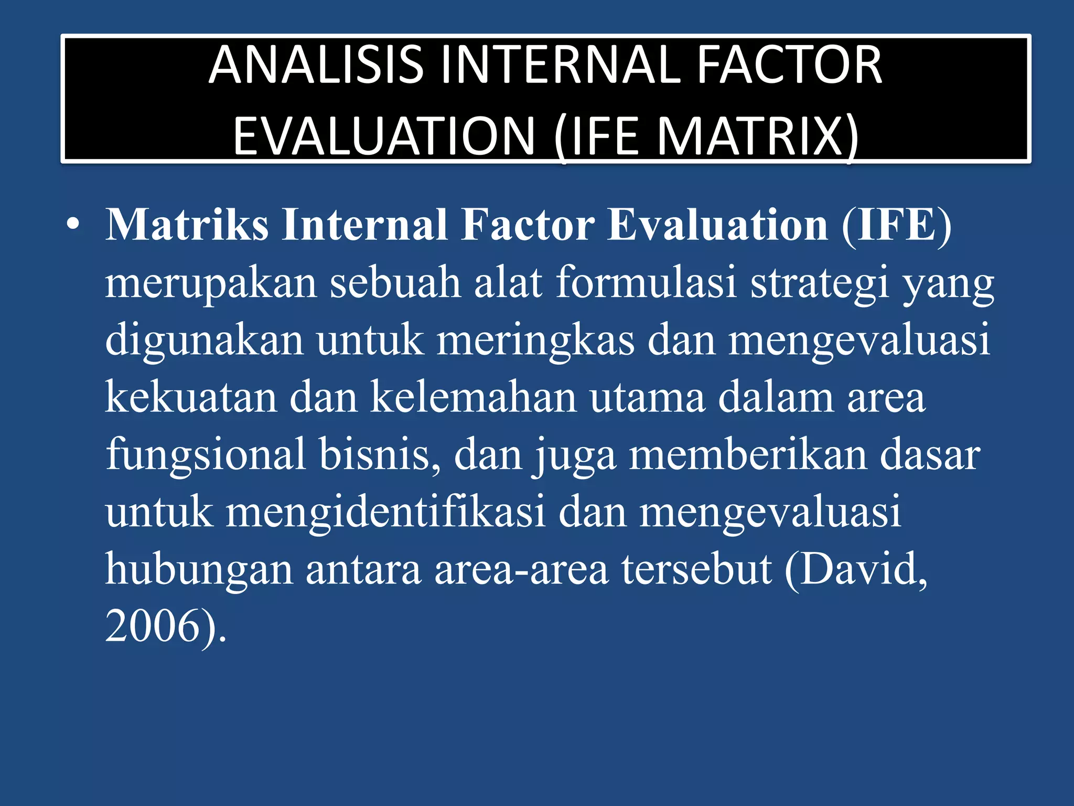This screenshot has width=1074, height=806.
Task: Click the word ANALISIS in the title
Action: pos(316,65)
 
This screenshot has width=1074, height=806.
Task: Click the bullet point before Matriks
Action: pos(73,225)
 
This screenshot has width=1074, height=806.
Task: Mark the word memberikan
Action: pos(748,454)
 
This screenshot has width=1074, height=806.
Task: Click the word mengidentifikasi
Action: pos(385,512)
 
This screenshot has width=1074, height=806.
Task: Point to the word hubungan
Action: pos(198,570)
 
